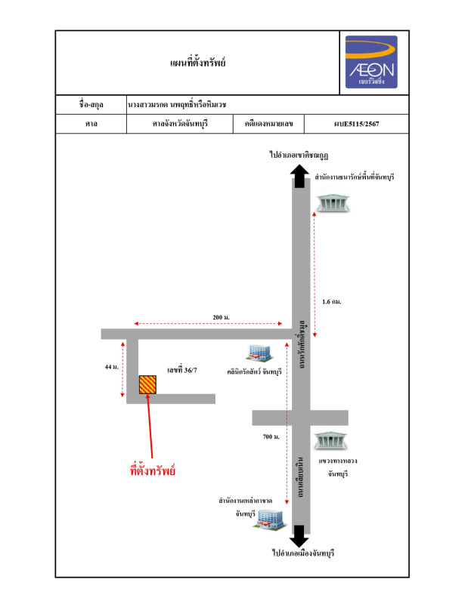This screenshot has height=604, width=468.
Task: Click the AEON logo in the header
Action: pyautogui.click(x=371, y=62)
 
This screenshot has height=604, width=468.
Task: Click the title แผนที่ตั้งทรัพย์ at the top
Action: pyautogui.click(x=199, y=62)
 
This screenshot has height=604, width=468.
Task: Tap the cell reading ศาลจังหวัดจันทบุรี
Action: pyautogui.click(x=181, y=122)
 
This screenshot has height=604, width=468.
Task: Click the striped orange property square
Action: pyautogui.click(x=148, y=384)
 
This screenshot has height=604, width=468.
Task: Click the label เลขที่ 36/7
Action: pyautogui.click(x=182, y=370)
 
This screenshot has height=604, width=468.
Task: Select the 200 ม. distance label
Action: pyautogui.click(x=222, y=316)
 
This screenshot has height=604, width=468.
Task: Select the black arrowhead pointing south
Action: pyautogui.click(x=299, y=538)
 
